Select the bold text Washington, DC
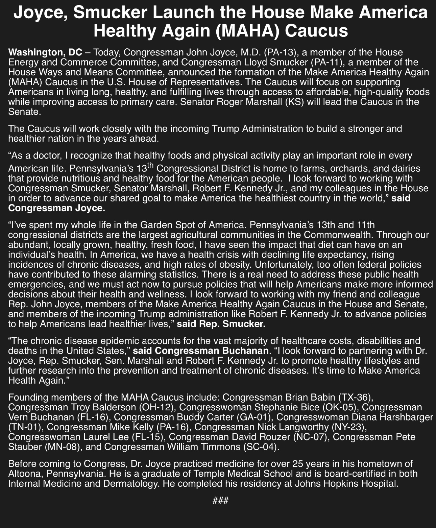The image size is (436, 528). point(45,52)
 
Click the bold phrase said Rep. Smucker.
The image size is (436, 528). point(221,325)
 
